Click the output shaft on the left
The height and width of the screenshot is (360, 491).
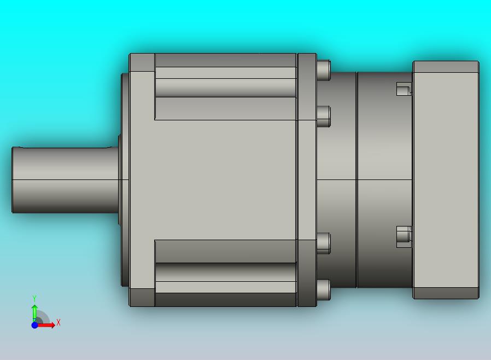tap(65, 180)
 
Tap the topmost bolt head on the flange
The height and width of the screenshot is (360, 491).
tap(324, 70)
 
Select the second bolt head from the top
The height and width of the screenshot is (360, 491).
tap(324, 116)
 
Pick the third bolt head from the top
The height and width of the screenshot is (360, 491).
tap(324, 243)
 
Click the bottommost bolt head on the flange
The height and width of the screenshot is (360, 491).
tap(324, 289)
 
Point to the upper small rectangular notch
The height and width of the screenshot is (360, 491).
tap(404, 89)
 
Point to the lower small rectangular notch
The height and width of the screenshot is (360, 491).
tap(404, 236)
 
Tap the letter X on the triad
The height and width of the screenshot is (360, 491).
tap(59, 322)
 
